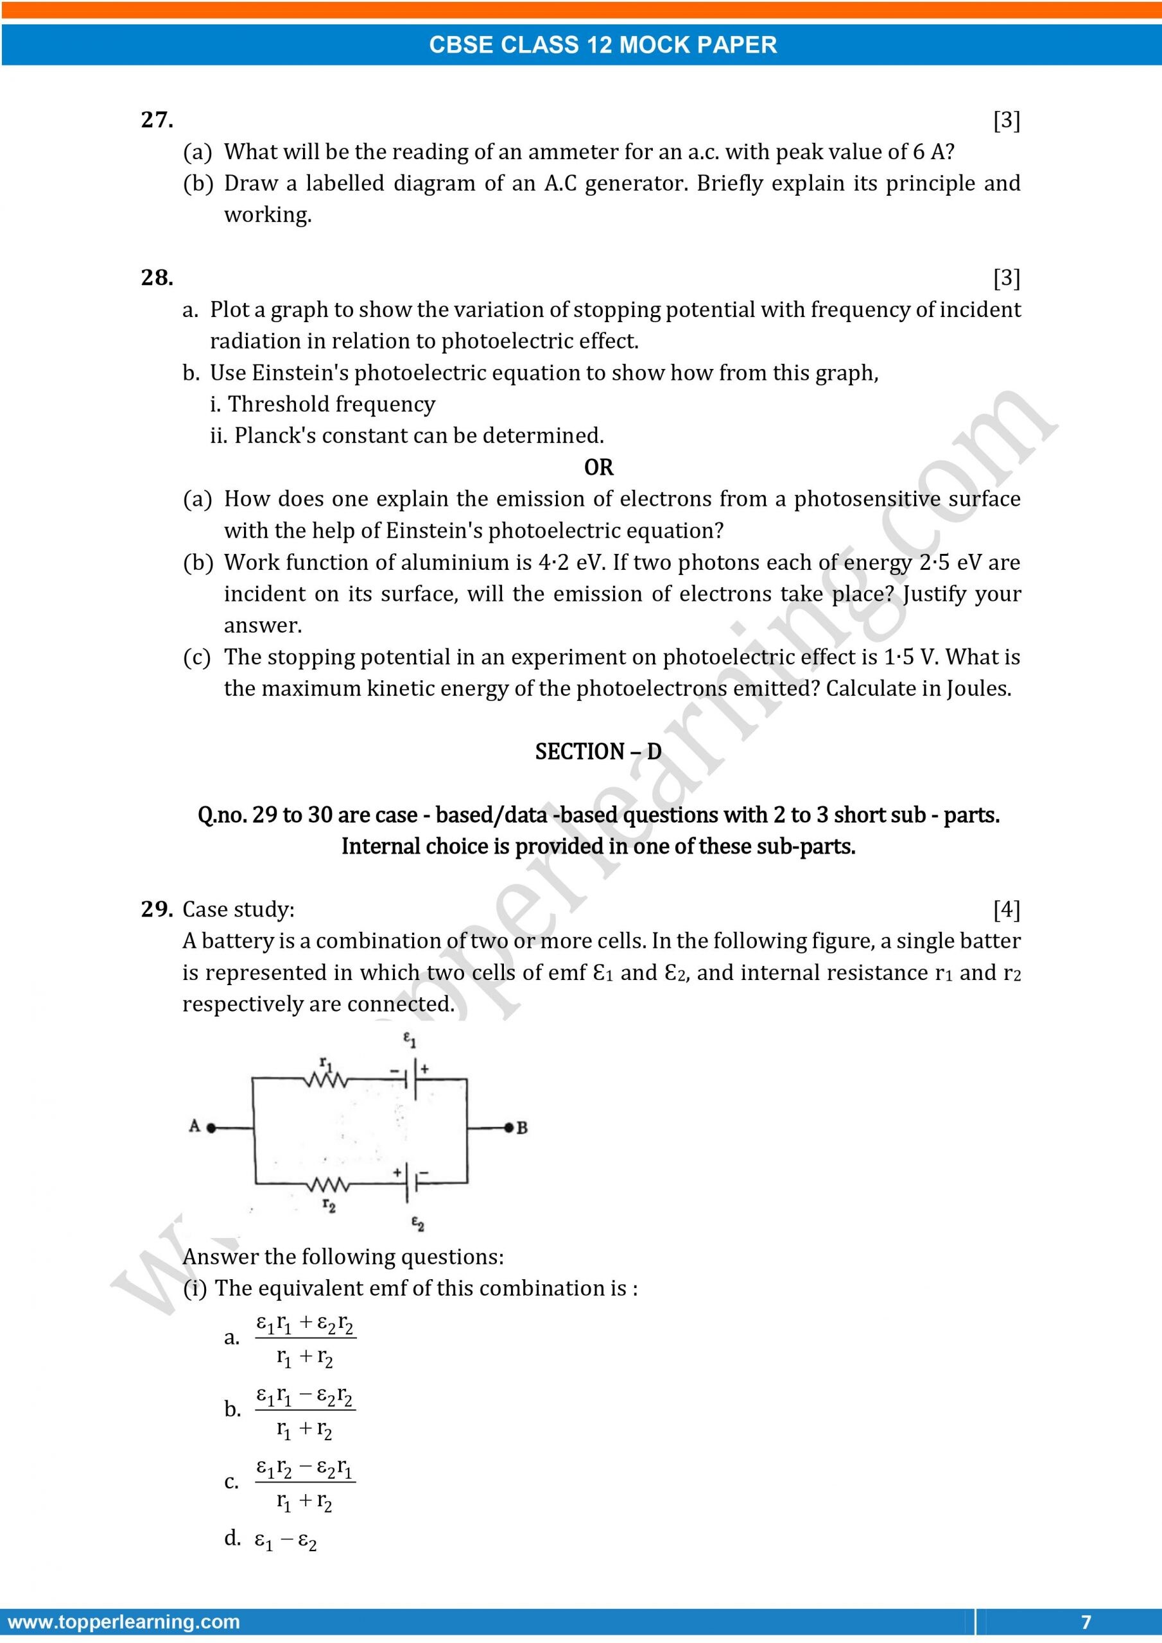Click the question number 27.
157,119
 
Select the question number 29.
157,909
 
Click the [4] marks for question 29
1006,909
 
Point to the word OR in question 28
598,467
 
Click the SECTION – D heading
598,752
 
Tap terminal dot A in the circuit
211,1128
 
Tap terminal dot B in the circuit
509,1128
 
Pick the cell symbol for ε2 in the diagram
411,1183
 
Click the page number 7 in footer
1086,1622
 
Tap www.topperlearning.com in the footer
123,1622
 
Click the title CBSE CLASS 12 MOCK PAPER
603,45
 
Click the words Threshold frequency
331,404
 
